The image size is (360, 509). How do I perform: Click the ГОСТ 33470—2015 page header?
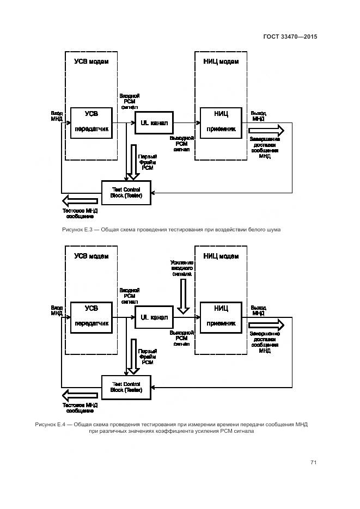tap(290, 37)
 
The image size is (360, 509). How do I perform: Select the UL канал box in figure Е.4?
tap(154, 317)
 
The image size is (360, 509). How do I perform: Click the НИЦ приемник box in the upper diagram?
tap(221, 122)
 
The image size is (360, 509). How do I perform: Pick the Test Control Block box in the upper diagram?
tap(126, 193)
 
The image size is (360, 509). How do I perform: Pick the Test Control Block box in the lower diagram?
tap(126, 387)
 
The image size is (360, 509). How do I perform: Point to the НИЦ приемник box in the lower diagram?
tap(221, 316)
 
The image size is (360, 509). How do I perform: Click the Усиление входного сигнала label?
tap(181, 268)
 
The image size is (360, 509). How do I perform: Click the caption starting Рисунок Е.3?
tap(172, 230)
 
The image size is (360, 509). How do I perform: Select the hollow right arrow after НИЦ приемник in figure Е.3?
tap(266, 131)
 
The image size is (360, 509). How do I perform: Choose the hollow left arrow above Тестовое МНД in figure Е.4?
tap(81, 395)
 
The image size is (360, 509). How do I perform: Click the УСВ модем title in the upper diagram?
tap(91, 62)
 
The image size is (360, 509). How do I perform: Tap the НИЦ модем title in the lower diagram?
tap(221, 256)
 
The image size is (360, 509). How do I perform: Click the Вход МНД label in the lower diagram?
tap(57, 310)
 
